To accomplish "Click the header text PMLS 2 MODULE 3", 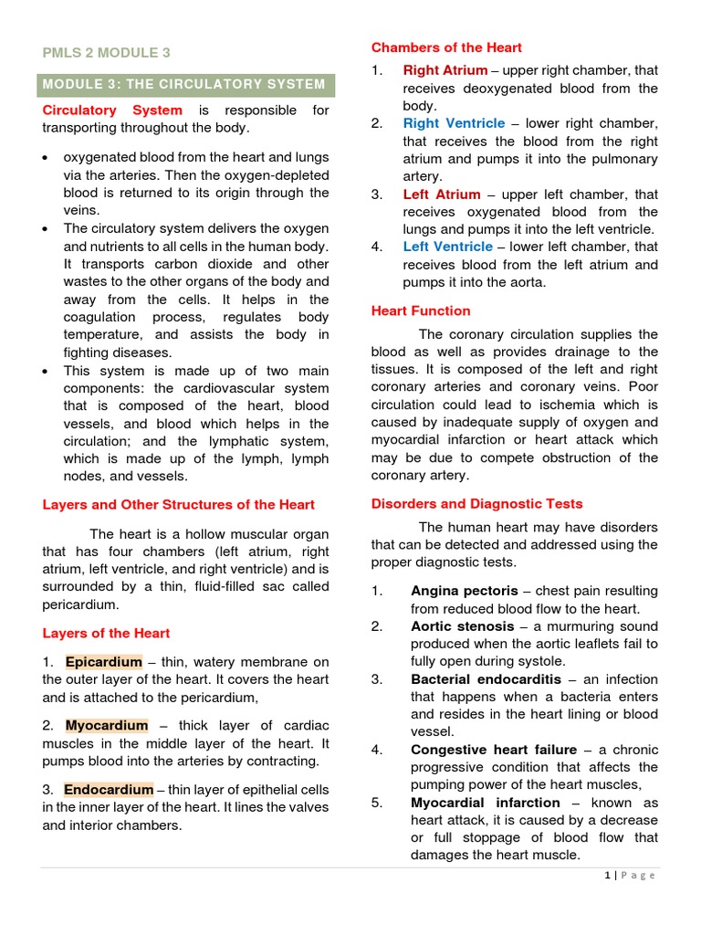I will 107,53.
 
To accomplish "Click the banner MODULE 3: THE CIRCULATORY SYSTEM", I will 185,84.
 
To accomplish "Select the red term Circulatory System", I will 113,110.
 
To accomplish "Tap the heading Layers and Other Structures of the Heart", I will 179,504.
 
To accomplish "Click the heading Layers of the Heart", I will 106,633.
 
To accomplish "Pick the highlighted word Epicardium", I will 104,662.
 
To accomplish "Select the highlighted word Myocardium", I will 107,725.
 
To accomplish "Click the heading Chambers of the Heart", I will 446,47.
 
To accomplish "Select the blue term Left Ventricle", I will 448,247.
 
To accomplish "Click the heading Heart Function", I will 421,310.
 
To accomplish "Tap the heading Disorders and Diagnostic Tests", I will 476,503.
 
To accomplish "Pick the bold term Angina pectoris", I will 464,591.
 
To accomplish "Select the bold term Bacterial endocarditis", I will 483,679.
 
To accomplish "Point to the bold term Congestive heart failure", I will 494,750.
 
